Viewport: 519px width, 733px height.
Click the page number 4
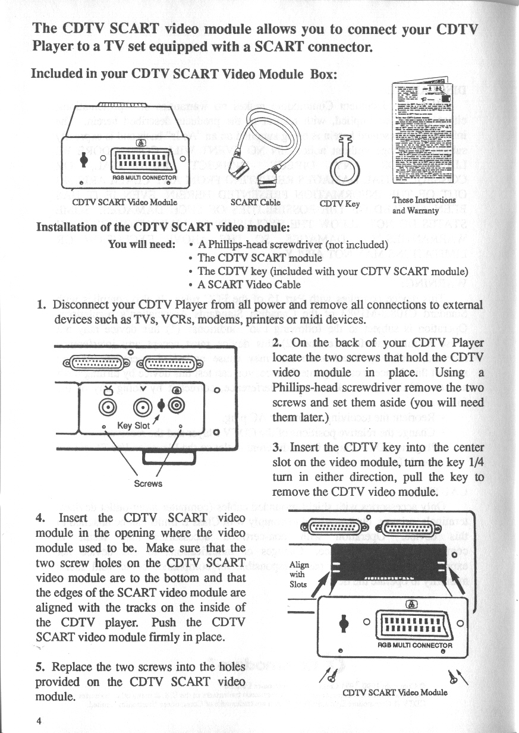39,721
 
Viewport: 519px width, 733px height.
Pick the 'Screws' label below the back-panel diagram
148,483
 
